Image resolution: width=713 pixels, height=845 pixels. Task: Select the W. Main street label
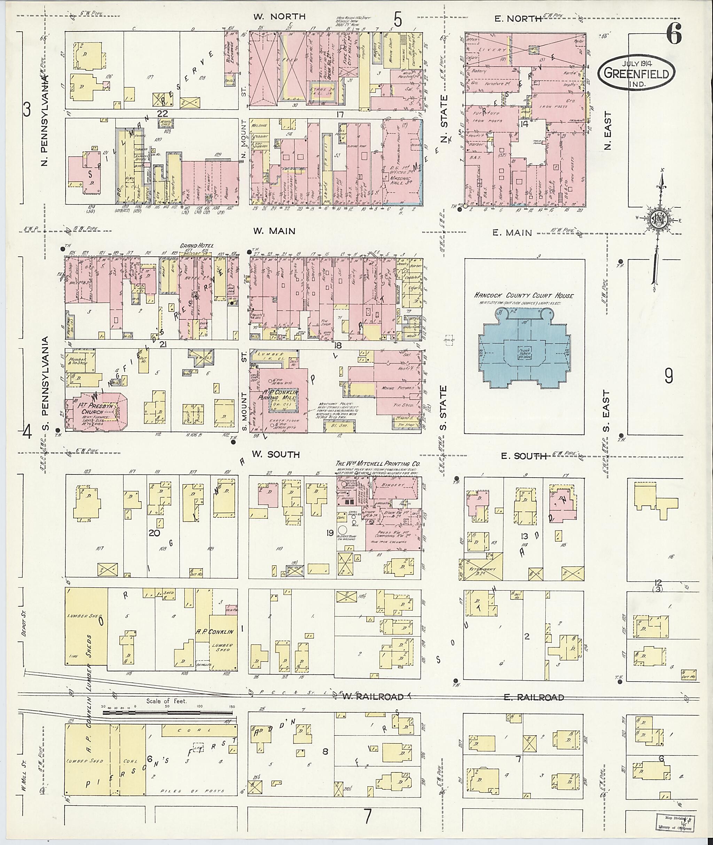click(274, 231)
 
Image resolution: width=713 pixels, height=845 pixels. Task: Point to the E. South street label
click(523, 456)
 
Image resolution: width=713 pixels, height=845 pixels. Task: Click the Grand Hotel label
click(197, 246)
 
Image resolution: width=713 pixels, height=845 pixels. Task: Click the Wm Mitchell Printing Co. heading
click(377, 464)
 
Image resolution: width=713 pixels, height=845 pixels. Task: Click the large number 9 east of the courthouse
click(668, 376)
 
